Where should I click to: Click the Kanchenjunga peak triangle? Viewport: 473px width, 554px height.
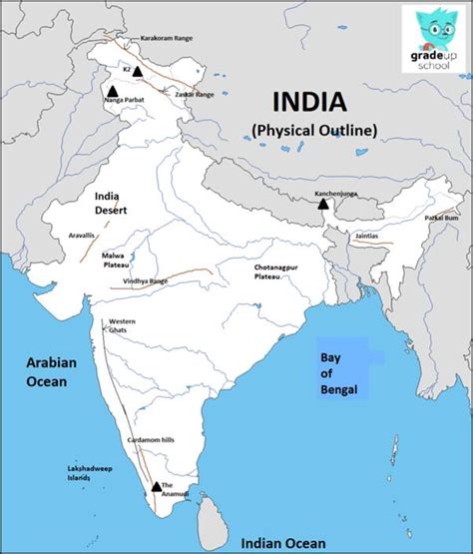pyautogui.click(x=322, y=204)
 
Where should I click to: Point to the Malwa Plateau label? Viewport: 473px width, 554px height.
pyautogui.click(x=114, y=262)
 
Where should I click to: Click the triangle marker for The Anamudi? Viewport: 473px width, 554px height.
pyautogui.click(x=156, y=487)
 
